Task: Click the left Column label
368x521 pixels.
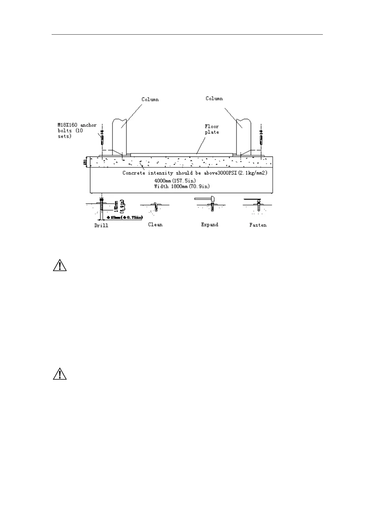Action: (x=150, y=99)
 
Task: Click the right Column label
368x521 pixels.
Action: (x=214, y=98)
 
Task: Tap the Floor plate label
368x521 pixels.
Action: (x=212, y=129)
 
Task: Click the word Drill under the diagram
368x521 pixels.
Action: (x=101, y=226)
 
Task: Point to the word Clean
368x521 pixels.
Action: (x=155, y=225)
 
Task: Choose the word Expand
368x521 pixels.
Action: (x=209, y=225)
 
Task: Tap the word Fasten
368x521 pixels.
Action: (x=258, y=225)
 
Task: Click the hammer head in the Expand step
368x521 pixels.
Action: (x=212, y=199)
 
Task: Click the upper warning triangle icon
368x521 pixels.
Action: (x=60, y=266)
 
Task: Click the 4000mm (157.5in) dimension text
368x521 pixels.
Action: (x=175, y=181)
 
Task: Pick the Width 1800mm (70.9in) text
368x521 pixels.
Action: (x=182, y=186)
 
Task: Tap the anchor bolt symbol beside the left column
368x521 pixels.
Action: (x=102, y=138)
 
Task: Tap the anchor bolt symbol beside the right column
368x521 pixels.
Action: (x=261, y=138)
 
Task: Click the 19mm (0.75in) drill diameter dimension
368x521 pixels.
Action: (x=125, y=217)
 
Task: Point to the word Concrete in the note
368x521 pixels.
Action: (x=134, y=173)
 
